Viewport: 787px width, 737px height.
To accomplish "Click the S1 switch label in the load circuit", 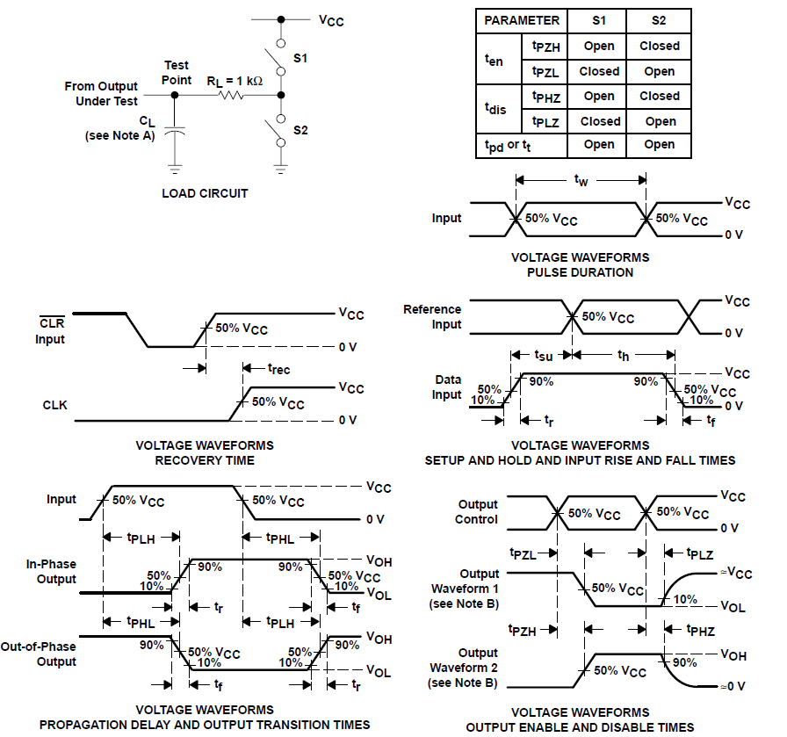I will click(300, 59).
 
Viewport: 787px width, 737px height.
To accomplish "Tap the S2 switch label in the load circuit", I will click(300, 130).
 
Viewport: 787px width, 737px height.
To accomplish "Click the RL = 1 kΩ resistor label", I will click(235, 81).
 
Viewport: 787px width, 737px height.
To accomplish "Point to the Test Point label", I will click(177, 73).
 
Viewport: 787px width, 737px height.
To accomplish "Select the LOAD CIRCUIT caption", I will click(205, 193).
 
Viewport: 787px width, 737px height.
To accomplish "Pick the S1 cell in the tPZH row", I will click(599, 46).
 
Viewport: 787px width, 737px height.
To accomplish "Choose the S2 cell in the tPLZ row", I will click(660, 121).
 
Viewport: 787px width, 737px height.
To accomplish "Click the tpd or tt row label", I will click(508, 145).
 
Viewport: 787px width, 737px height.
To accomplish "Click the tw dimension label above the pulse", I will click(581, 180).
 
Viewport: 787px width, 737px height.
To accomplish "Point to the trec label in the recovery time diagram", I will click(278, 369).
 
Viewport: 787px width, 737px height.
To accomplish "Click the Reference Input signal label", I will click(432, 317).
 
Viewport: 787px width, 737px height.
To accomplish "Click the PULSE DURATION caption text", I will click(580, 272).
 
